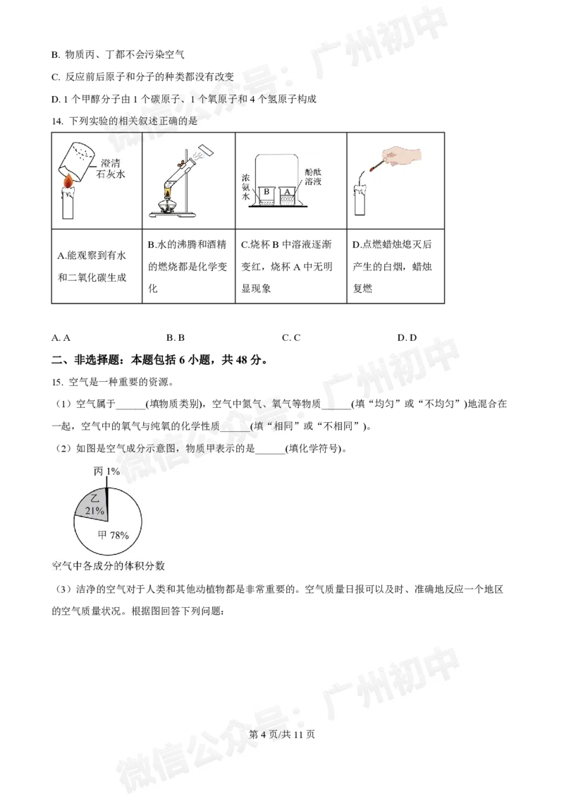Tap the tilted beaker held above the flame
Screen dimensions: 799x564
click(x=76, y=160)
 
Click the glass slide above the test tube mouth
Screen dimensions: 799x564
click(x=207, y=152)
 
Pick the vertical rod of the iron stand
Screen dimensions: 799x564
click(x=185, y=180)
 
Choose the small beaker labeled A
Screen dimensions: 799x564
click(x=288, y=195)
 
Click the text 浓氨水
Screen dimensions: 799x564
click(x=245, y=185)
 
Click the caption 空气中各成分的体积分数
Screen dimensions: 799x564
click(x=108, y=566)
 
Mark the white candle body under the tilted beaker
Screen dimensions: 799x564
click(x=68, y=205)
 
